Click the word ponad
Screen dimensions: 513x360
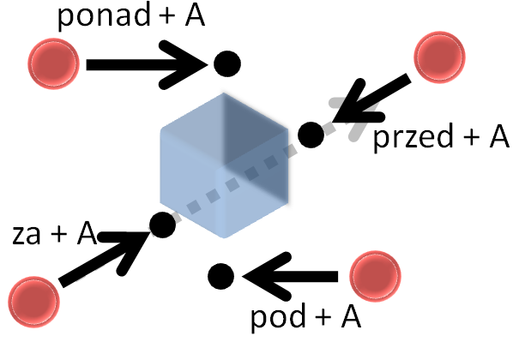pos(104,16)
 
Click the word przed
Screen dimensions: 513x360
pos(413,138)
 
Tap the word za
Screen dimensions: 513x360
pos(27,235)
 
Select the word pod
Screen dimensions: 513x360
pos(278,317)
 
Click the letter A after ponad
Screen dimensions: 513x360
pos(195,16)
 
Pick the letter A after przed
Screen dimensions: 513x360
pos(499,136)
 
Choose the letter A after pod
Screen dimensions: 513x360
pos(351,317)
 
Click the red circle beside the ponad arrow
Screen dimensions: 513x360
pos(54,63)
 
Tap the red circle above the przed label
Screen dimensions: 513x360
pos(439,57)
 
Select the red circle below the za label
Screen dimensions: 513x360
pos(34,302)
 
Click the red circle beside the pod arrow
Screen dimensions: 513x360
pos(375,276)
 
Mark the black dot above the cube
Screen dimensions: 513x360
pos(227,63)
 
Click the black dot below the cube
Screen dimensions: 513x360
pos(221,276)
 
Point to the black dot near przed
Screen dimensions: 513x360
pos(311,135)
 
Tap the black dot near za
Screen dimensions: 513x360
pos(163,225)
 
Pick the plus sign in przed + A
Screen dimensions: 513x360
pos(472,137)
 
